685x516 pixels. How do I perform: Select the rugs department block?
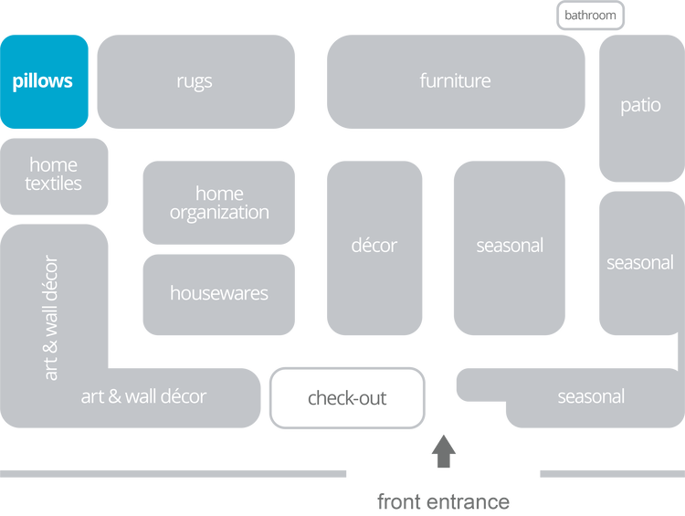(195, 81)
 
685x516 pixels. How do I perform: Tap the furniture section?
(455, 81)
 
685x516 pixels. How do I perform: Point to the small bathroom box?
(590, 16)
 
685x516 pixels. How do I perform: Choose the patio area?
(640, 106)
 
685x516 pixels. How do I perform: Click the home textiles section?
(54, 175)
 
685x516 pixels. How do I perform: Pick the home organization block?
(219, 203)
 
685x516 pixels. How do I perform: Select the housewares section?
(219, 294)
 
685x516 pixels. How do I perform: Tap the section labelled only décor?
(374, 247)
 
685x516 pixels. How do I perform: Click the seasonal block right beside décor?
(510, 247)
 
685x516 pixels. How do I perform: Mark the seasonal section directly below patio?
(640, 263)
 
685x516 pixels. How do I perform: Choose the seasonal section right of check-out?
(591, 397)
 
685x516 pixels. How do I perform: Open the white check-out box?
(347, 398)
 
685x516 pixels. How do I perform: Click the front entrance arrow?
(444, 451)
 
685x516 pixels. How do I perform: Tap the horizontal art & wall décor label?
(143, 397)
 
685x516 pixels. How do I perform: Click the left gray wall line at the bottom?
(174, 474)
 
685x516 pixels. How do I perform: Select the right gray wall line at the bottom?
(611, 474)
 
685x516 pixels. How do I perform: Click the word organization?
(219, 213)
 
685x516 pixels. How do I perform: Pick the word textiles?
(54, 184)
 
